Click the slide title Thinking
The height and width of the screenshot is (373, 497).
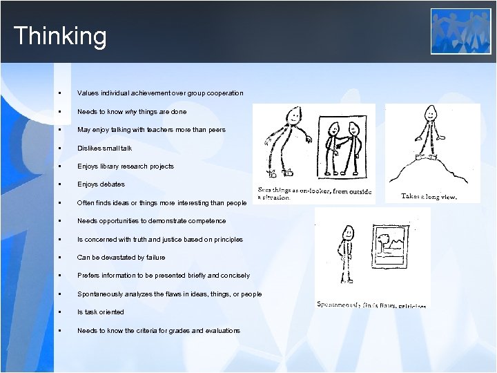(x=60, y=36)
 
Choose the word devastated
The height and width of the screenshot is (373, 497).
(x=111, y=258)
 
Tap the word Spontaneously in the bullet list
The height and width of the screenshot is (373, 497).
(x=98, y=294)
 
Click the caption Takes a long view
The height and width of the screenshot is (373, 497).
(x=429, y=196)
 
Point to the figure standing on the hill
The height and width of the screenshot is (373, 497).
(x=431, y=135)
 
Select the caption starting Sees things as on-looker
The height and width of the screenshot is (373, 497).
(x=314, y=193)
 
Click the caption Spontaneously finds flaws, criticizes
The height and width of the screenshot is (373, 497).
(x=371, y=304)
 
